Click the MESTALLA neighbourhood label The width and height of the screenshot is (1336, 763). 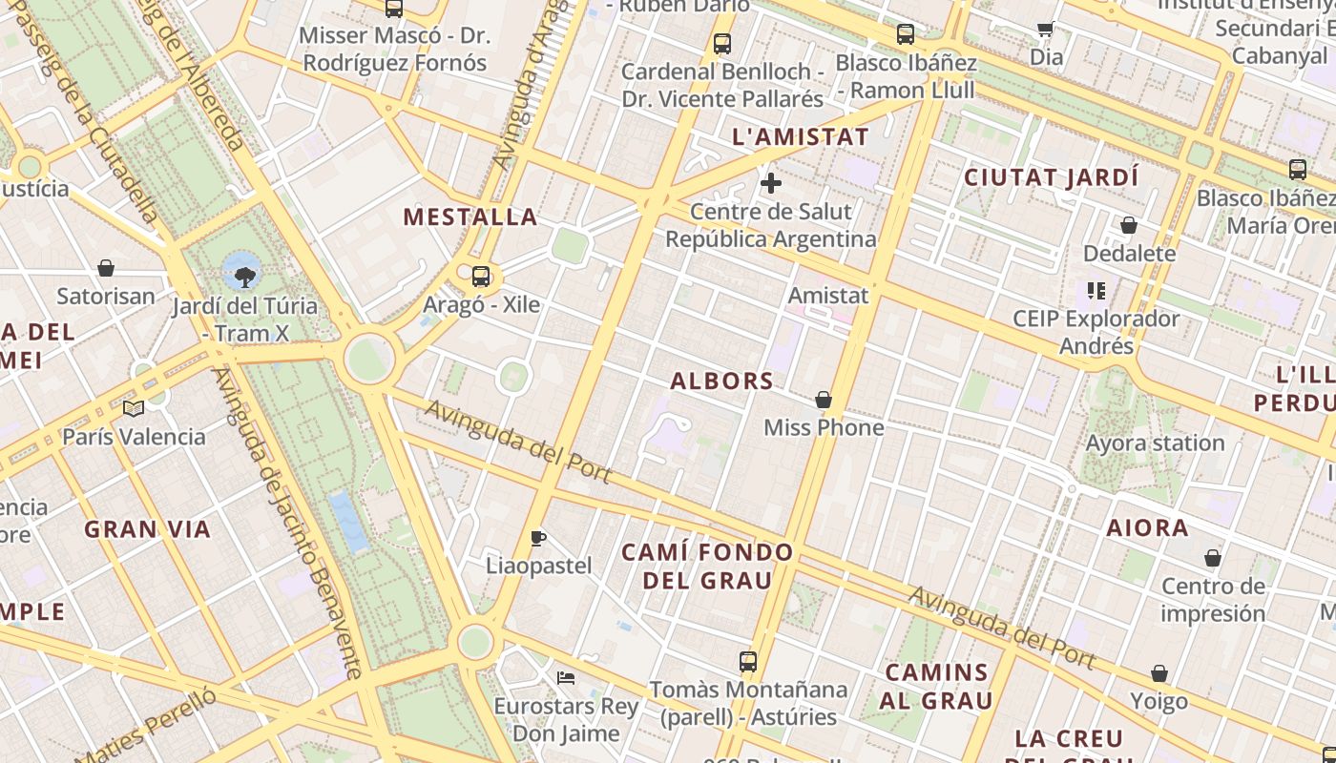point(470,217)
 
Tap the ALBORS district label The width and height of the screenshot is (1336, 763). point(721,381)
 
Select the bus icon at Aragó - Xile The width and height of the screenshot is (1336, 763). point(481,277)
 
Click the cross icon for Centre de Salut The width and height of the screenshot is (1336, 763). point(771,183)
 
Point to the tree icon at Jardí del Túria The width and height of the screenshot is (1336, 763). point(245,278)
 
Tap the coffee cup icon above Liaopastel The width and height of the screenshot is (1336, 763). point(538,538)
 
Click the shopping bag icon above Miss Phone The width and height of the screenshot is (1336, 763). point(824,400)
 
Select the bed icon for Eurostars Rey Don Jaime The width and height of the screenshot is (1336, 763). point(566,678)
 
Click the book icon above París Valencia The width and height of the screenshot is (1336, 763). point(134,409)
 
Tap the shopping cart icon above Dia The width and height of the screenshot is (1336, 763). point(1045,30)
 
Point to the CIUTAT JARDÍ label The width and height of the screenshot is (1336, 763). point(1051,177)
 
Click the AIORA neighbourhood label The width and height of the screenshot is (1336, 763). point(1147,527)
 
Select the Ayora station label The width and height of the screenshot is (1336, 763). point(1155,443)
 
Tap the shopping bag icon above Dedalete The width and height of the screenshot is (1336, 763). point(1129,226)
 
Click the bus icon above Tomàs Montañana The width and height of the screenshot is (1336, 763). point(748,661)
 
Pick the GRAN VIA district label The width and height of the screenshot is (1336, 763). point(147,529)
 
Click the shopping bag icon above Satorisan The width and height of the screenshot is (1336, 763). point(106,269)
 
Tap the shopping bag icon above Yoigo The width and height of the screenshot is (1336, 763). point(1159,674)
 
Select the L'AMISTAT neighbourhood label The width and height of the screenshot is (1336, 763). point(801,137)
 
